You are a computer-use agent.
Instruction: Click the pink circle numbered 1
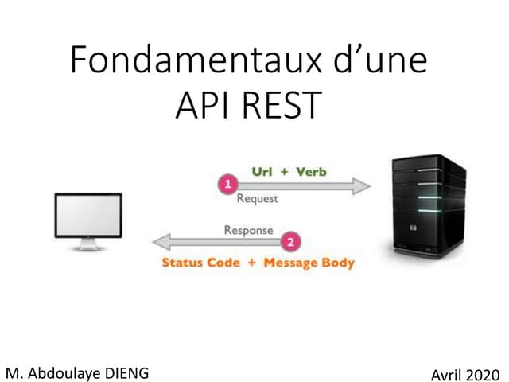[x=228, y=185]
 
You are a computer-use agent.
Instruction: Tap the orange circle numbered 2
[x=291, y=240]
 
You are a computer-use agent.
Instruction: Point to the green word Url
[x=262, y=171]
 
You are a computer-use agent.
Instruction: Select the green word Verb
[x=311, y=171]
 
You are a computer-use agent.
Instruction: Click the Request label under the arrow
[x=257, y=198]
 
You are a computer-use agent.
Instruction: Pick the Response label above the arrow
[x=248, y=230]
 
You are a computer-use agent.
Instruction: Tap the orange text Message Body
[x=309, y=263]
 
